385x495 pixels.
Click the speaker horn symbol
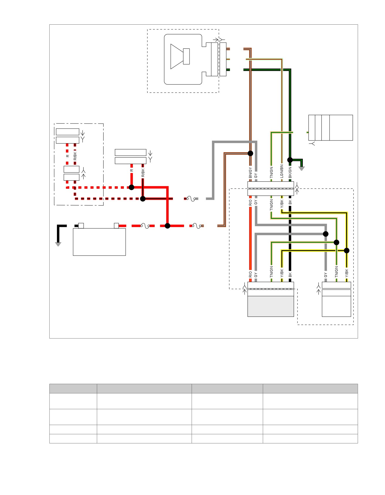180,56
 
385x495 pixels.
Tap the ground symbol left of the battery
58,244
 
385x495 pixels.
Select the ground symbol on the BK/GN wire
301,168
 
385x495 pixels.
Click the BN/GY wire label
250,173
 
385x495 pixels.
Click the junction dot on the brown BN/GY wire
250,153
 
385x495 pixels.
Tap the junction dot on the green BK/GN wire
290,160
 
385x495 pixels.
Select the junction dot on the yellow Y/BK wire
347,251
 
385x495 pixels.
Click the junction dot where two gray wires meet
326,234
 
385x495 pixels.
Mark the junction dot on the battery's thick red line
168,226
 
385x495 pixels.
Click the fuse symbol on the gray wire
191,199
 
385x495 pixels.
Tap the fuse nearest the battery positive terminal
145,226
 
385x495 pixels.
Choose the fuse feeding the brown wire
197,226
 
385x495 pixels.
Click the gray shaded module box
271,306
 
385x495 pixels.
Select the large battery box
99,242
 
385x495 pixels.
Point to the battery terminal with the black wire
81,226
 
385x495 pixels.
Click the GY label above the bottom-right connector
325,275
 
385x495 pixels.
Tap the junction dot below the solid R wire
131,187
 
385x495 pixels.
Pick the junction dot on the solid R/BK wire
143,199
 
